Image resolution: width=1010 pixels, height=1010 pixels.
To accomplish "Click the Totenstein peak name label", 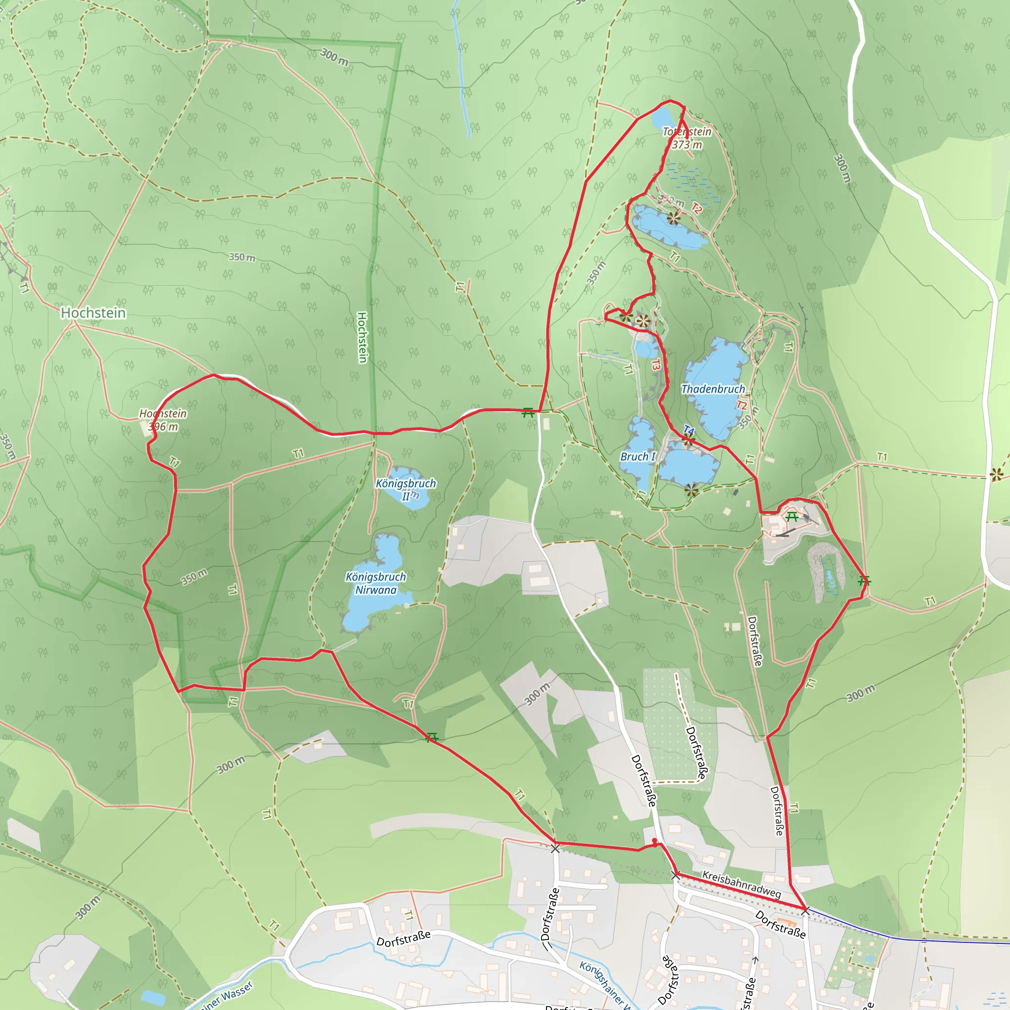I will tap(686, 132).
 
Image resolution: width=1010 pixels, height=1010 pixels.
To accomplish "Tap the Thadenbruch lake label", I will tap(713, 389).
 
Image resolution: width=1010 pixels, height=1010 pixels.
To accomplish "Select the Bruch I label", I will tap(637, 456).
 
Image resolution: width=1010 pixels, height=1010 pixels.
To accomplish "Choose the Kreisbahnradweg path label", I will tap(741, 885).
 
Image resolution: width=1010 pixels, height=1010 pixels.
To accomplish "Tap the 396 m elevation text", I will tap(163, 427).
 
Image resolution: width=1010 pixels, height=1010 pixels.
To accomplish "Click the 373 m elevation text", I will tap(687, 145).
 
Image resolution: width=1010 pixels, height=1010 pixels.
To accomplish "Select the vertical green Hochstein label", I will tap(362, 337).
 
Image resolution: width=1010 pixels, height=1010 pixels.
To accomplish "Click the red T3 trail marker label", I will tap(656, 364).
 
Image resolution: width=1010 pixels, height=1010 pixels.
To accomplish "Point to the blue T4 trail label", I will tap(688, 431).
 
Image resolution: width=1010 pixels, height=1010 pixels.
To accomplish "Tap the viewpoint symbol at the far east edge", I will tap(996, 475).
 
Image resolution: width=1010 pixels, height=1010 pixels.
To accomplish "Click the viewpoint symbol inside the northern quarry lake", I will tap(673, 218).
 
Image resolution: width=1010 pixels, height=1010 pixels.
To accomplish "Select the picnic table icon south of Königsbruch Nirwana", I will tap(432, 738).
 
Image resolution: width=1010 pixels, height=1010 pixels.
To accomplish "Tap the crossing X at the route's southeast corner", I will tap(805, 911).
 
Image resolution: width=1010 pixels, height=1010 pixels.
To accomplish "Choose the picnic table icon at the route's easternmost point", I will tap(864, 581).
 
